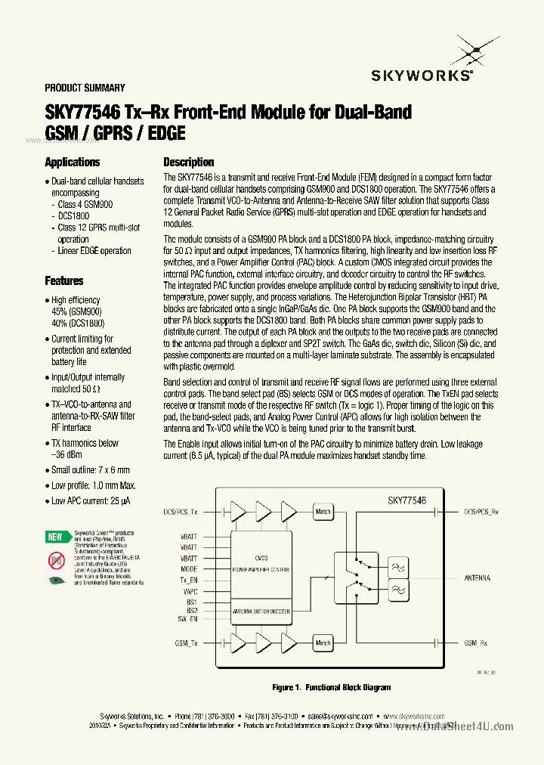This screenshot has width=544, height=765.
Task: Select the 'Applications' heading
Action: tap(72, 162)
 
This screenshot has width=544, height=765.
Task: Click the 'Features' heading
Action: tap(64, 280)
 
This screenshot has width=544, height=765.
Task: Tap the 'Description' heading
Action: tap(189, 162)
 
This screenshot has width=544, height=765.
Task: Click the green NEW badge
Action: tap(55, 537)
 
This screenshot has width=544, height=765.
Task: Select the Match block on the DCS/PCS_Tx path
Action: tap(323, 512)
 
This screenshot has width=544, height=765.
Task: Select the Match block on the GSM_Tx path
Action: tap(323, 643)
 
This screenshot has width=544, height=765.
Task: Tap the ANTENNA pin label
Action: tap(477, 578)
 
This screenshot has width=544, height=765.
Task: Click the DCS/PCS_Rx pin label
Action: tap(481, 512)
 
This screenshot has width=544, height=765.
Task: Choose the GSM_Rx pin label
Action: tap(475, 643)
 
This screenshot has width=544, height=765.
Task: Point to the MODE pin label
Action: tap(189, 568)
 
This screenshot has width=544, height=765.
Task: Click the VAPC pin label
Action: tap(190, 591)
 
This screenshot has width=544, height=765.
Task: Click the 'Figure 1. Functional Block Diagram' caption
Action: tap(332, 687)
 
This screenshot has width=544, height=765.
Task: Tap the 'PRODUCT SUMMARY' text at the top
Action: tap(85, 88)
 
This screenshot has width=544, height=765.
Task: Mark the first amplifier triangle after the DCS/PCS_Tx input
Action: tap(237, 512)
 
